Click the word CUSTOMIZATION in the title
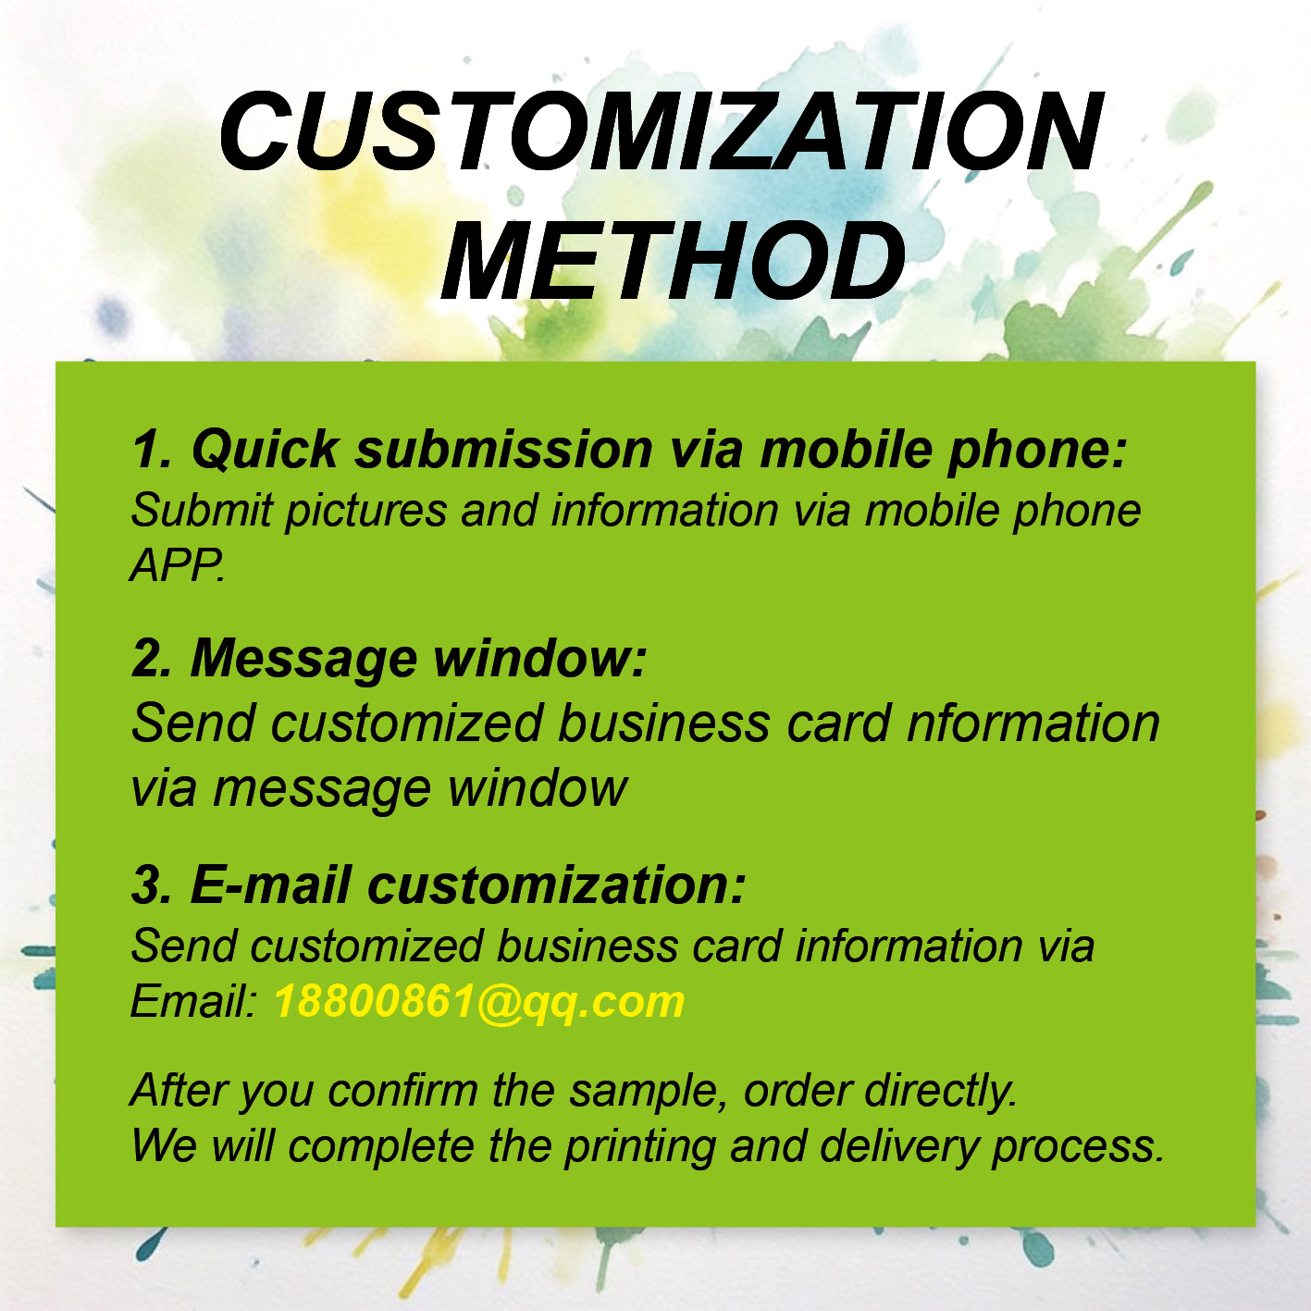(660, 131)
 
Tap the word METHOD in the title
(674, 262)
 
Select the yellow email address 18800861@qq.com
(479, 1002)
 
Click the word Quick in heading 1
(265, 451)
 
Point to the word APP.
(177, 564)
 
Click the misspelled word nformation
(1033, 723)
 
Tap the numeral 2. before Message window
(151, 659)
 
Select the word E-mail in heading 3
(271, 885)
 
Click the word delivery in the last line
(898, 1146)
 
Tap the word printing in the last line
(640, 1147)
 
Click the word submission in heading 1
(504, 449)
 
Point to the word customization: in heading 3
(557, 885)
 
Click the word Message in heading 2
(304, 660)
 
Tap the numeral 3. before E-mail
(151, 885)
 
